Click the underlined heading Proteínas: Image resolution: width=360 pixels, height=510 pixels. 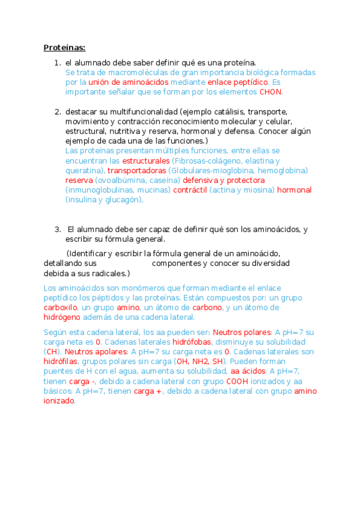(64, 48)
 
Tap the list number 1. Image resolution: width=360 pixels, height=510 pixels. (57, 63)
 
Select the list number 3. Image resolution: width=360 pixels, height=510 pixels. (58, 229)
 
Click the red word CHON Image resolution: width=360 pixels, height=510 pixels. (270, 92)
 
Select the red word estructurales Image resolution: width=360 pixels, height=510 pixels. (146, 161)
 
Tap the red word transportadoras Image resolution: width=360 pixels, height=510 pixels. (136, 171)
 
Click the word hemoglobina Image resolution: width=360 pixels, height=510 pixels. (283, 171)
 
